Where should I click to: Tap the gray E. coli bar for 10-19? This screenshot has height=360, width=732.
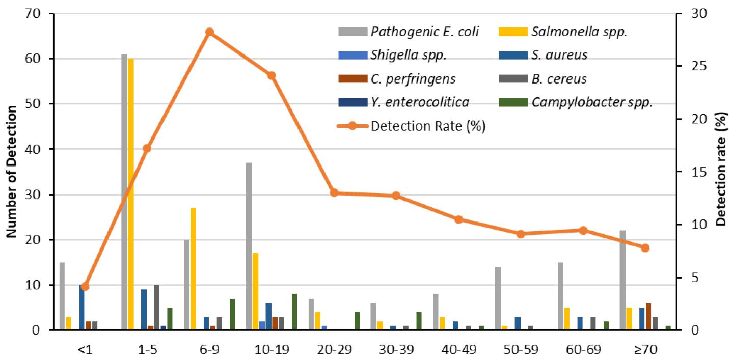point(249,246)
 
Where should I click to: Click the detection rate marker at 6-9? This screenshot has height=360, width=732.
point(209,32)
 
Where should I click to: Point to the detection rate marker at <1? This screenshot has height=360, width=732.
point(85,286)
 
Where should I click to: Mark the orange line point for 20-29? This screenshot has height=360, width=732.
point(334,193)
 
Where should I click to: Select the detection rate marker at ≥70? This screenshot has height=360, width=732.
point(645,248)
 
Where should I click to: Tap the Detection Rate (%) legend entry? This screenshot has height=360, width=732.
point(428,126)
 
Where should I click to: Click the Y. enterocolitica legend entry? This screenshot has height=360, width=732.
point(420,102)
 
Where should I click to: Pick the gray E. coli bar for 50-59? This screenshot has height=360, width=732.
point(498,298)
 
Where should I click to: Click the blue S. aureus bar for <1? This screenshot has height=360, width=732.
point(82,308)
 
